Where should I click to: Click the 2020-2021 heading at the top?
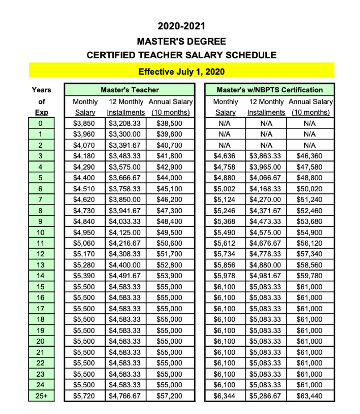181,26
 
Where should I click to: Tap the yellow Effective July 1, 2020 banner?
181,71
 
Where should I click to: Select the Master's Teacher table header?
130,90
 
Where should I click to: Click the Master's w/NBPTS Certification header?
270,90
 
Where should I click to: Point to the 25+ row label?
41,396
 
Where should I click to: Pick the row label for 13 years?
41,265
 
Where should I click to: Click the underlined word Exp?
41,112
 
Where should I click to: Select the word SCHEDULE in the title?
251,55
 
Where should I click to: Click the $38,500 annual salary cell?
169,123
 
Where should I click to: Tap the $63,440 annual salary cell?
309,396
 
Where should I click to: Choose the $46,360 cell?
309,156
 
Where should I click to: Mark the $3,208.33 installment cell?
125,123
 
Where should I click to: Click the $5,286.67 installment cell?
265,396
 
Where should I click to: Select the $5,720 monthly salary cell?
84,396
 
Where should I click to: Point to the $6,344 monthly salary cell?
224,396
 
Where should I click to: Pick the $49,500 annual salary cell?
169,233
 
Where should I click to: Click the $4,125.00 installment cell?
125,233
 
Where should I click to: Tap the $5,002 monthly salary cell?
224,189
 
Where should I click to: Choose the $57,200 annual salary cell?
169,396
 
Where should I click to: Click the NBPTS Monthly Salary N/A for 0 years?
224,123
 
